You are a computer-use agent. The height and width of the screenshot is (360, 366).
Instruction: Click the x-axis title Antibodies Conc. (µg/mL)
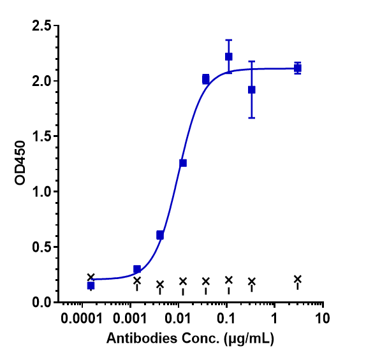coord(189,340)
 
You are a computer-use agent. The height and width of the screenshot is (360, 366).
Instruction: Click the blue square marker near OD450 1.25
coord(183,163)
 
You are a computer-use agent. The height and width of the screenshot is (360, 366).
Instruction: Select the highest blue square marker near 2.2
coord(229,57)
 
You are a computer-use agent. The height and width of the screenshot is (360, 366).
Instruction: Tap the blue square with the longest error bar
coord(252,90)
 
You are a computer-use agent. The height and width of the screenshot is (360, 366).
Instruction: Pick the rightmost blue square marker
coord(298,68)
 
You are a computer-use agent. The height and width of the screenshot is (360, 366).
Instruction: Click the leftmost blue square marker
coord(91,285)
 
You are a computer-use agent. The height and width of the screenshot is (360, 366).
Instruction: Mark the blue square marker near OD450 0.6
coord(160,235)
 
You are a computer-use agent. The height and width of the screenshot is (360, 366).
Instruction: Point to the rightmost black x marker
coord(298,279)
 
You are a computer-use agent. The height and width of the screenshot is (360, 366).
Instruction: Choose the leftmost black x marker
coord(91,277)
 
